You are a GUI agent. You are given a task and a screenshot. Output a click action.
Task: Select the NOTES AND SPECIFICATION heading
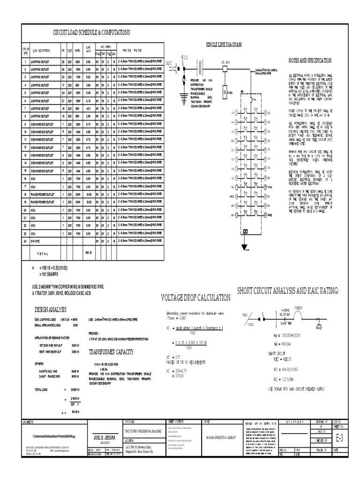point(310,60)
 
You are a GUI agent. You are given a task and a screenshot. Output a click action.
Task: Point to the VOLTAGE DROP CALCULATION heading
point(196,298)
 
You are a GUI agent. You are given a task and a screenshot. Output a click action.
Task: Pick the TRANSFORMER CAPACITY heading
point(109,355)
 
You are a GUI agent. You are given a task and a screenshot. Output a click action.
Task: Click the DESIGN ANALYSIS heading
point(50,309)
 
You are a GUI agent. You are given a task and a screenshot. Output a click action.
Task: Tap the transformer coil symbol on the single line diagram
point(202,67)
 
